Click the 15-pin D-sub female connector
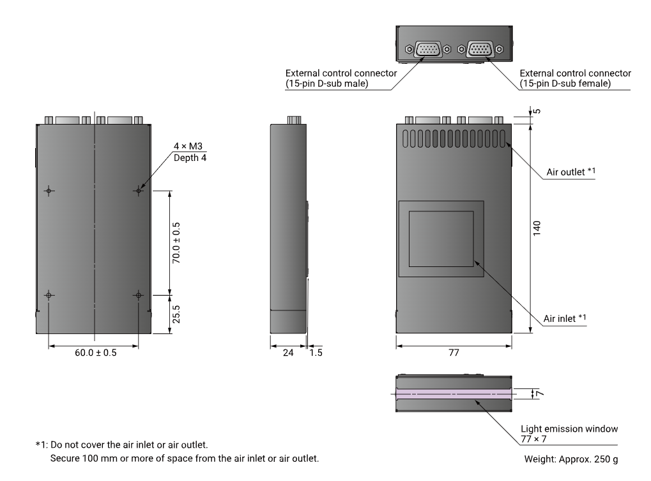click(x=480, y=49)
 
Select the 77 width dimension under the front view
click(x=453, y=353)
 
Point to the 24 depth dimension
click(x=288, y=353)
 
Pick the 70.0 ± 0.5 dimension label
click(x=176, y=243)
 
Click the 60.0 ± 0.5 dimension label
click(x=95, y=353)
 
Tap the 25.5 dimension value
click(x=176, y=314)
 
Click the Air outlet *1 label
click(x=571, y=172)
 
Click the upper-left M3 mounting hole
click(x=49, y=190)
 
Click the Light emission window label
click(x=569, y=429)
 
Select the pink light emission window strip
click(x=453, y=394)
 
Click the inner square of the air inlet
click(x=441, y=239)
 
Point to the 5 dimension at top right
click(x=537, y=111)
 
